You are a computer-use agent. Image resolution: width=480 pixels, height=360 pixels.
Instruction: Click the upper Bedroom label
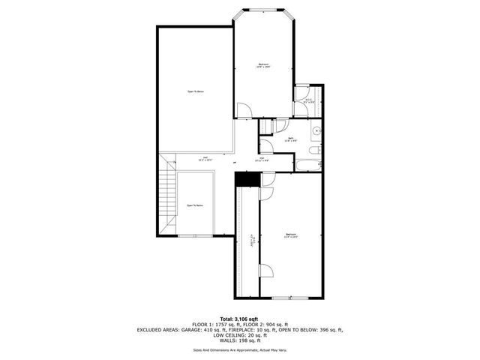click(263, 64)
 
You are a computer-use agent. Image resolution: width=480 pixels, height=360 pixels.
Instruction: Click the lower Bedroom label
click(291, 235)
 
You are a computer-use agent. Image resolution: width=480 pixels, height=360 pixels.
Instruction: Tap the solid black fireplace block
click(245, 179)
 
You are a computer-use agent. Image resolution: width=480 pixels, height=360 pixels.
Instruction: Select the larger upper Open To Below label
click(196, 91)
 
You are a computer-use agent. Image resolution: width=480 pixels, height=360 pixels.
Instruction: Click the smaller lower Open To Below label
click(194, 205)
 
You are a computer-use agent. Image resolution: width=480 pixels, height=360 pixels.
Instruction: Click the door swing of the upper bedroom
click(243, 110)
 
